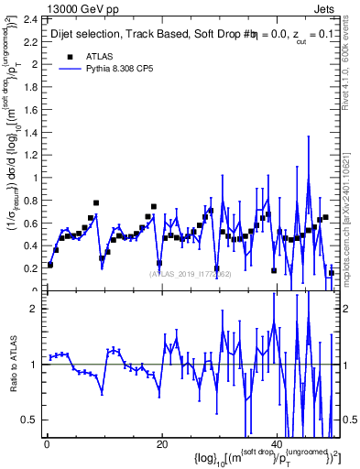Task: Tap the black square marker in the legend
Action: (x=71, y=56)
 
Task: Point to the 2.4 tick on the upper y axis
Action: (x=30, y=18)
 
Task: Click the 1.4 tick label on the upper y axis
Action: (x=30, y=132)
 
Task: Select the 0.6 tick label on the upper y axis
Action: (x=30, y=224)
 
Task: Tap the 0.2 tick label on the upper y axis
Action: (x=30, y=268)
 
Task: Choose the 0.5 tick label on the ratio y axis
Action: (x=30, y=420)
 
